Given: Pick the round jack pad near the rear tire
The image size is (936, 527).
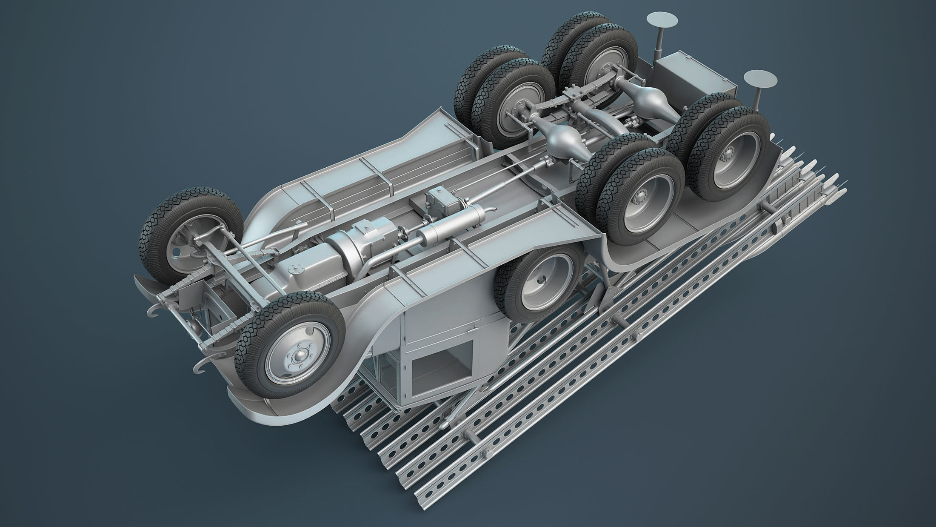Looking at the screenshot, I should click(760, 80).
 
